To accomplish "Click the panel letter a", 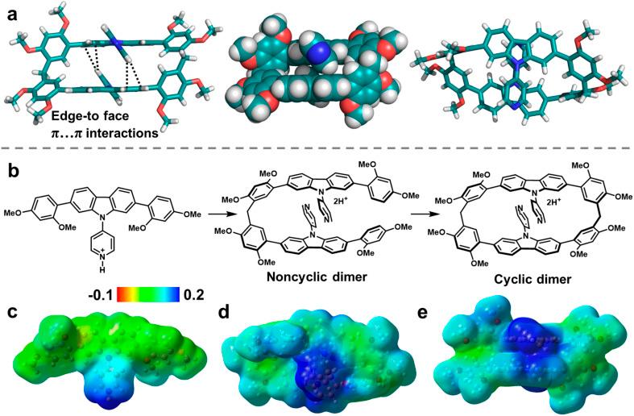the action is tap(11, 15).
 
